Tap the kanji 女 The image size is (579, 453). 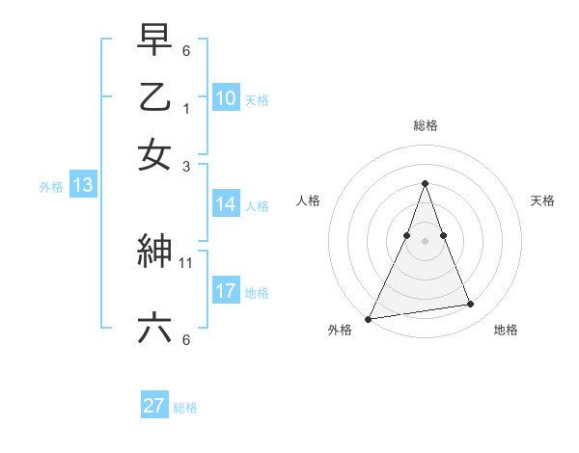[x=154, y=154]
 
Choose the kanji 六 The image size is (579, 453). [x=154, y=329]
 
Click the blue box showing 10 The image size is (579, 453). [x=226, y=97]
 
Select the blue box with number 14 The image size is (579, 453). [x=226, y=204]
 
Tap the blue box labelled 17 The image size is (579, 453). [x=226, y=291]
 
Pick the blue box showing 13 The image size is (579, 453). [x=82, y=185]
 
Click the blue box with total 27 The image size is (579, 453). [x=154, y=406]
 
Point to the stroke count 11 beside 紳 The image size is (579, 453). [x=187, y=261]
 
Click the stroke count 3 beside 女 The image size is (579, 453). [x=187, y=166]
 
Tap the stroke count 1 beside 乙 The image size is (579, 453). [x=187, y=108]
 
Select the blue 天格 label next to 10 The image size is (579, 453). [x=256, y=99]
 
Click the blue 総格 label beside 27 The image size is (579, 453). [x=185, y=408]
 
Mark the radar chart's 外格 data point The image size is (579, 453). [x=368, y=318]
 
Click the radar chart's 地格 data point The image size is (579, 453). [x=471, y=305]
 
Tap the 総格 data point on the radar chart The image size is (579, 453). [x=425, y=183]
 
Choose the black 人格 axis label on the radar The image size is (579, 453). [x=308, y=200]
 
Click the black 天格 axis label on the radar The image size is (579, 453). [x=543, y=200]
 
